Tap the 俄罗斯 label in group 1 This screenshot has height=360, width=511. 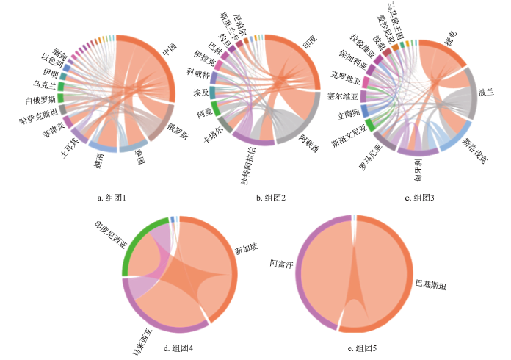178,136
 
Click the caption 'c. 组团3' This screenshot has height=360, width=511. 419,197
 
